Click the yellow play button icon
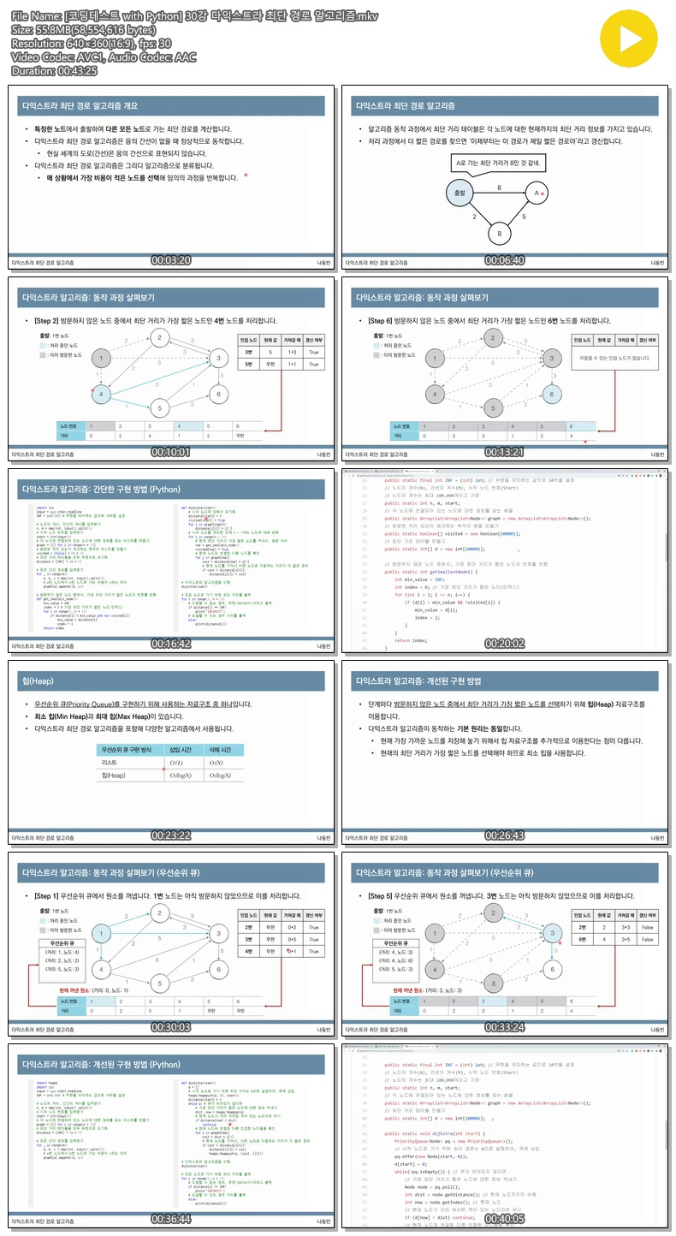point(633,39)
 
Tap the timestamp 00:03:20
point(170,260)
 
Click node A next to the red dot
point(536,194)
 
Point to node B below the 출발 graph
point(499,232)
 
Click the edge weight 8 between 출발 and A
point(499,187)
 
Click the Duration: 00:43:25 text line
point(54,70)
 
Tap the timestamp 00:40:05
point(505,1218)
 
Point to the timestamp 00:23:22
point(170,835)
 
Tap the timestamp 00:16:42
point(170,643)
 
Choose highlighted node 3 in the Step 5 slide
point(553,933)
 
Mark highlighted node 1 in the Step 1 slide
point(101,933)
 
